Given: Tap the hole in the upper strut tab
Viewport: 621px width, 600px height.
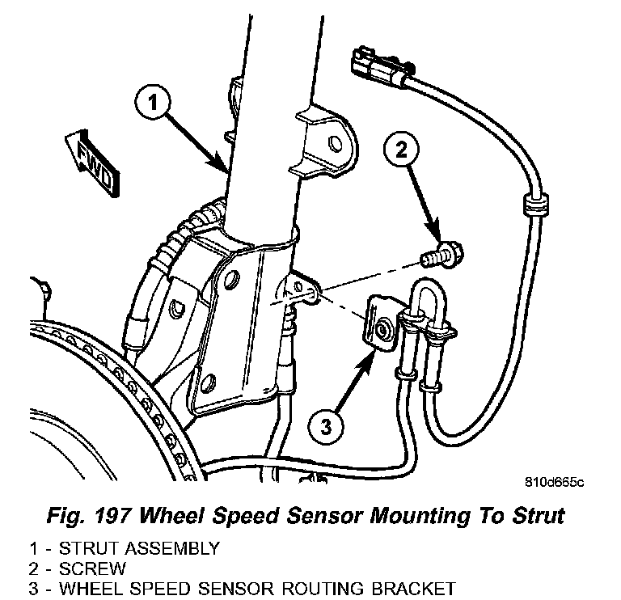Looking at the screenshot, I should pos(334,143).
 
